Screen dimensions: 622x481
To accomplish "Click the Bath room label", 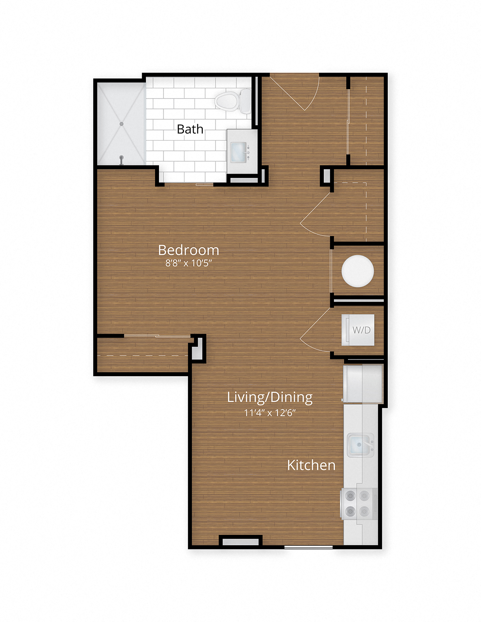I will pos(190,129).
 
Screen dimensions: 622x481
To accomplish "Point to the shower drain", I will pos(121,124).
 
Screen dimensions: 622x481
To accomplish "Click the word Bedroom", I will pos(188,250).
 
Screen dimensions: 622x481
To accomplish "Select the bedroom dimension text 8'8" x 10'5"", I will pos(188,263).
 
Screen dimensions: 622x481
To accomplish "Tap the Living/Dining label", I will pos(270,397).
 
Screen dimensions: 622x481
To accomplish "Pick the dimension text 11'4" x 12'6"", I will pos(270,412).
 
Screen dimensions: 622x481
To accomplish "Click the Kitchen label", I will pos(311,465).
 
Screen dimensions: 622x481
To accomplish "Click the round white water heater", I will pos(358,271).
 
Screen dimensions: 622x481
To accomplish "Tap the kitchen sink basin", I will pos(359,445).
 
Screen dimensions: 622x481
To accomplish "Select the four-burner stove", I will pos(358,503).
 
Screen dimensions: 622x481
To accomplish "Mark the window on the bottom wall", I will pos(308,547).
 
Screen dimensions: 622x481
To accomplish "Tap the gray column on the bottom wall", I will pos(240,542).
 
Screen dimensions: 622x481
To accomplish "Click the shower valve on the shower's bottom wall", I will pos(121,159).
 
